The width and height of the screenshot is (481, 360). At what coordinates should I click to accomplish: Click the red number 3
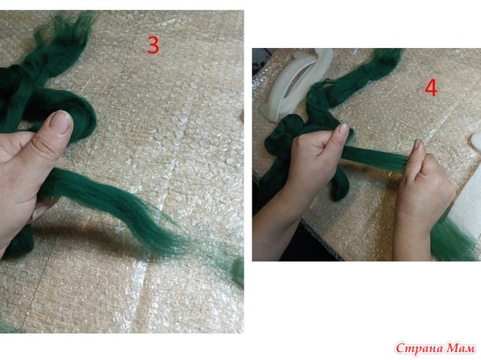(153, 46)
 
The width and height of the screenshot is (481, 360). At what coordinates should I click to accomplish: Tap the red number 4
(431, 88)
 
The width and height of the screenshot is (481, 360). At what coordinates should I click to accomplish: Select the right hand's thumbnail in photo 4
(416, 143)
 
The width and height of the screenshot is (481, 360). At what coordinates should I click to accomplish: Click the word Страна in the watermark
(419, 349)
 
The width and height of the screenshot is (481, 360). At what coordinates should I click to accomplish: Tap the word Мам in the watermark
(460, 348)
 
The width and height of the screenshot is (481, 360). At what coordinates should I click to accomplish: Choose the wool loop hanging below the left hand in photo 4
(340, 184)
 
